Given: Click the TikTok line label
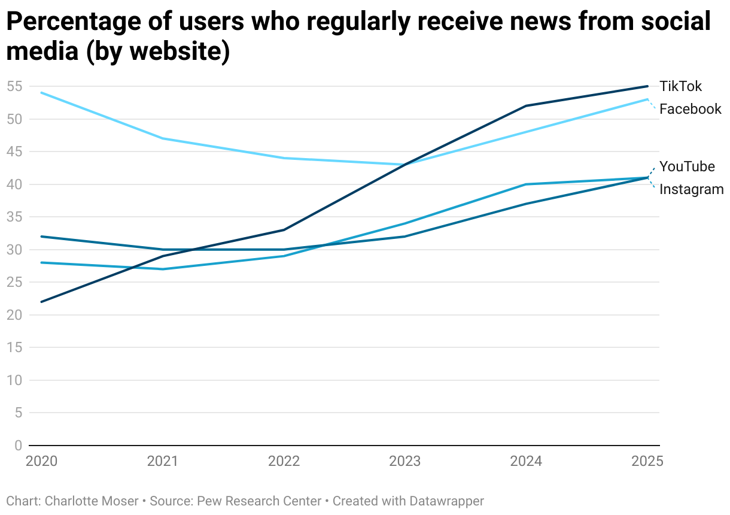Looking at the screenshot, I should [680, 86].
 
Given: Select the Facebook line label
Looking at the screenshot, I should [691, 109].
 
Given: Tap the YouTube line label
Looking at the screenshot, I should [687, 166].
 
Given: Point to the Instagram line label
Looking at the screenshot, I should [691, 190].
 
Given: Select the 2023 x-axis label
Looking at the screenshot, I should [405, 461].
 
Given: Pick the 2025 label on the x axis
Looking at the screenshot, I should [647, 461].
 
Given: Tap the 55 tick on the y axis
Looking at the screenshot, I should [14, 86].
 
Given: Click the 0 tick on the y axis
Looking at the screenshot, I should [18, 446].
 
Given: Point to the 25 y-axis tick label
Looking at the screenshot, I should [14, 282].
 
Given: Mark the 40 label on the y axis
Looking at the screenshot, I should [14, 184].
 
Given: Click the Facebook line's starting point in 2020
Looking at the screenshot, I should [41, 93].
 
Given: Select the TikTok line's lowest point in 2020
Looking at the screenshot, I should [41, 302].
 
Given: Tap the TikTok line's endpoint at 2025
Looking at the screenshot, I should [648, 86].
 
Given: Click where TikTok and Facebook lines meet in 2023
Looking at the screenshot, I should [406, 165].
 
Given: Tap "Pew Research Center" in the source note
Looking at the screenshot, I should [261, 501].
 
